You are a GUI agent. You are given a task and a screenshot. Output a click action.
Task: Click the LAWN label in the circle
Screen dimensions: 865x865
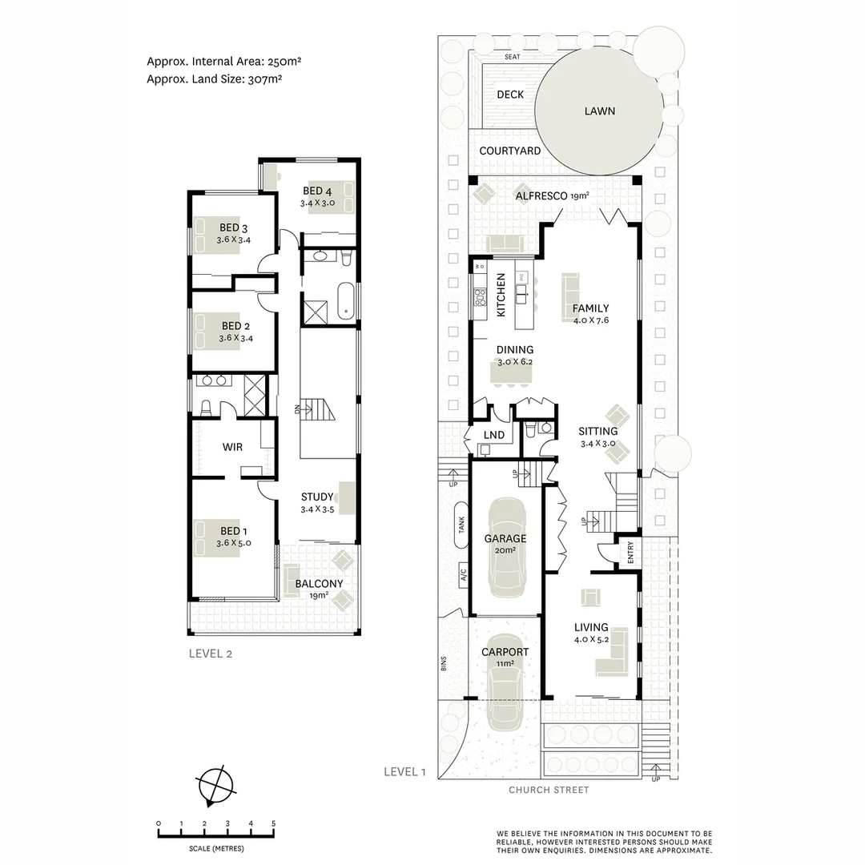(x=599, y=111)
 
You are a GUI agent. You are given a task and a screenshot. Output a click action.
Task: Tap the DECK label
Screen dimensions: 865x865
(x=510, y=95)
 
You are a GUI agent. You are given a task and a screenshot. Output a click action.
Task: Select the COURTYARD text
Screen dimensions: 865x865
(x=509, y=151)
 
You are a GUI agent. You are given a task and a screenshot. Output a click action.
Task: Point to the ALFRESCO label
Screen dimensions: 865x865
(x=541, y=196)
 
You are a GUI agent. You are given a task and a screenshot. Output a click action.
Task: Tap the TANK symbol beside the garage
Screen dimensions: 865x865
(x=461, y=525)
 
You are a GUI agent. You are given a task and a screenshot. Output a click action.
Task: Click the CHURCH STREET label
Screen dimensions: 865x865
(x=549, y=790)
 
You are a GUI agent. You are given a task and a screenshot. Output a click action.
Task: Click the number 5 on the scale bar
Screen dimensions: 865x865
(x=274, y=823)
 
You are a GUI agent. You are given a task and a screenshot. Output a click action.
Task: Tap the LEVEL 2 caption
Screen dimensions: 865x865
(x=210, y=653)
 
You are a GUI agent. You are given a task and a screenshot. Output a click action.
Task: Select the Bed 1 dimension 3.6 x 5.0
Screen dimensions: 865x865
(x=234, y=543)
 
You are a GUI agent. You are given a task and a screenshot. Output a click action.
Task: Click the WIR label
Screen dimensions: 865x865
(x=232, y=447)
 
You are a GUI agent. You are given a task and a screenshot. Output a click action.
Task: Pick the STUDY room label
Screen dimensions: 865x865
(x=316, y=497)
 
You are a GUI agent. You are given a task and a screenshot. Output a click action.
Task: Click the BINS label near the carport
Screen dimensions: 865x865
(x=443, y=665)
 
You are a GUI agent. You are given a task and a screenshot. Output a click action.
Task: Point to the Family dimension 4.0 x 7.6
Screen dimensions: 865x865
(x=590, y=320)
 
